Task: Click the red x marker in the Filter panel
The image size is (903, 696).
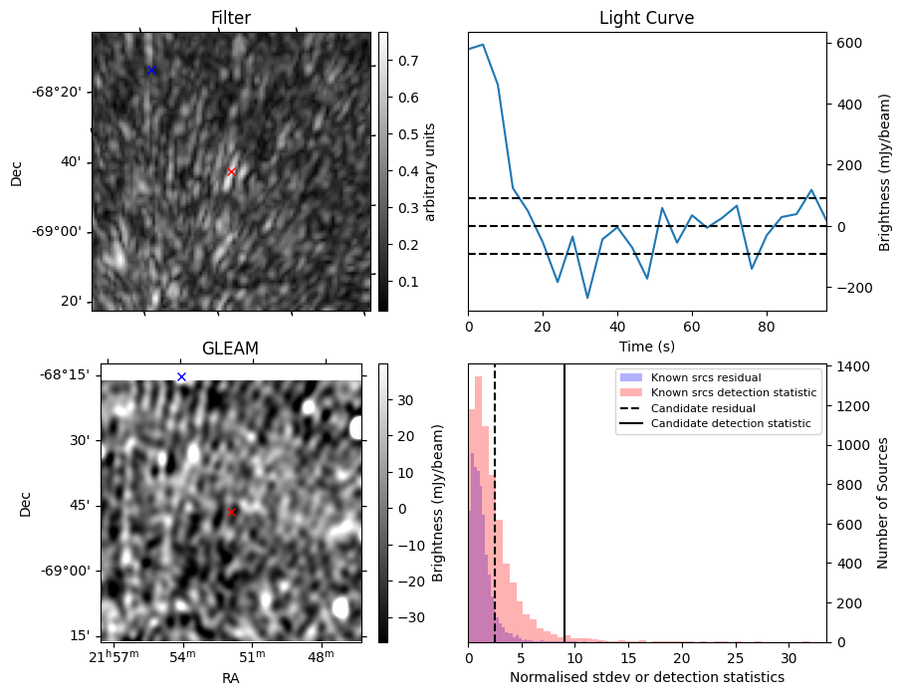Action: [231, 171]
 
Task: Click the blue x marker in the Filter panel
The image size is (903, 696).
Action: [151, 70]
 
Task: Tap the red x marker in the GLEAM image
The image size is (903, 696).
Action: [231, 513]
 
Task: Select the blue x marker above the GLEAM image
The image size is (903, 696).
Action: [181, 376]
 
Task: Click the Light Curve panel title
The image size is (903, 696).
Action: [646, 18]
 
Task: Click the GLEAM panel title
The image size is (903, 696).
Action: [230, 348]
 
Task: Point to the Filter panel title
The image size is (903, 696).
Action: [230, 18]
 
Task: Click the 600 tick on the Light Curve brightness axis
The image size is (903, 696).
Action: [847, 43]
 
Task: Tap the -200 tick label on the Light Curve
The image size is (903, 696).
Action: [852, 288]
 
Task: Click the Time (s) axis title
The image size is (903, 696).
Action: [646, 345]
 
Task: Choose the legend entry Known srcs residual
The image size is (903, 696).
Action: [705, 377]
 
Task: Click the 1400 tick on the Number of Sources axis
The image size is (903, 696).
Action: [852, 367]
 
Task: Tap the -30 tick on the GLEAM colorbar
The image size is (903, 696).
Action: [404, 618]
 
